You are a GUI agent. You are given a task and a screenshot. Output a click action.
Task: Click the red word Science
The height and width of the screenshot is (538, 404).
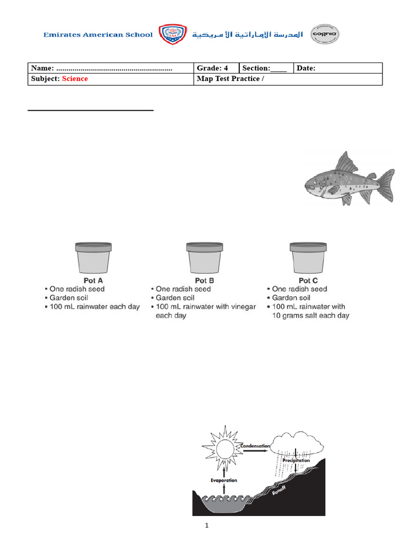point(75,79)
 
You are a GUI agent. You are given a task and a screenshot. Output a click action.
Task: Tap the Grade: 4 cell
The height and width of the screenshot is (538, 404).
point(213,68)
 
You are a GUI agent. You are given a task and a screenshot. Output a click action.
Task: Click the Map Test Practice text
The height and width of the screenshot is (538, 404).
point(228,79)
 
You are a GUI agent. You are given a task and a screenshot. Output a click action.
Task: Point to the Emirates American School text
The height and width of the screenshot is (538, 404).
point(98,35)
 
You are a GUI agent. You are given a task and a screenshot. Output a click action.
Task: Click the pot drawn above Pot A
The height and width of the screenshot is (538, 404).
point(93,258)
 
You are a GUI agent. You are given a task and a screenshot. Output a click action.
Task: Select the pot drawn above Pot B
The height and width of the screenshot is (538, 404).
point(204,258)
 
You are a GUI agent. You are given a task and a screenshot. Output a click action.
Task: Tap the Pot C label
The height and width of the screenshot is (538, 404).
point(308,281)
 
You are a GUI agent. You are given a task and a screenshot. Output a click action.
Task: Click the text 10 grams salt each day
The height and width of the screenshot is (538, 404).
point(310,316)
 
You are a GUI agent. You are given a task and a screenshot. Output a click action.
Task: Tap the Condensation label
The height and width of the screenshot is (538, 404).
point(255,446)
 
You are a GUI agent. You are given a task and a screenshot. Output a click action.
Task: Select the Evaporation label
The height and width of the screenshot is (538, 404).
point(224,480)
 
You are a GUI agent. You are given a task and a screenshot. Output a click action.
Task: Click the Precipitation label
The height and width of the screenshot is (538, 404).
point(296,460)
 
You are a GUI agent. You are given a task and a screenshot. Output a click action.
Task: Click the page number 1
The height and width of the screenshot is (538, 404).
point(207,525)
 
